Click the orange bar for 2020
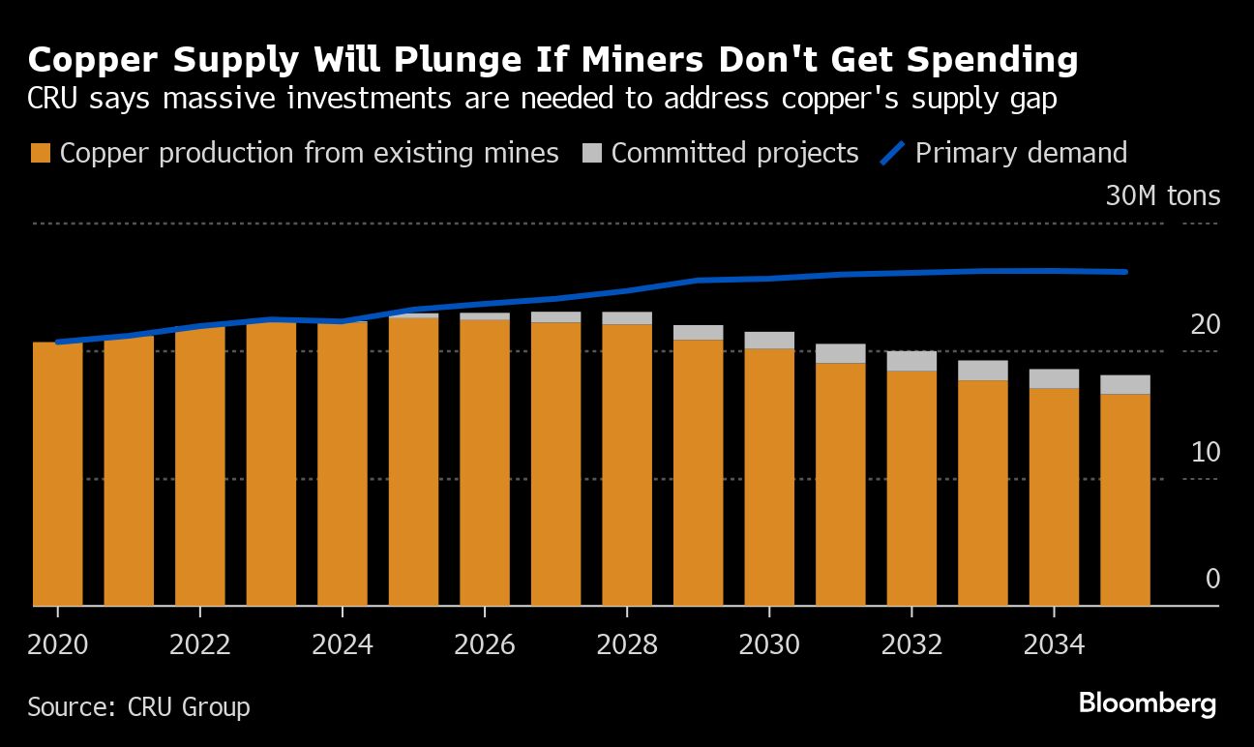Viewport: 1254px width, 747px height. click(x=57, y=474)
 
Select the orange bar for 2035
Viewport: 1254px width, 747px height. click(x=1125, y=499)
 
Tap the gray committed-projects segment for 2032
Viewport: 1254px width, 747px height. click(x=911, y=361)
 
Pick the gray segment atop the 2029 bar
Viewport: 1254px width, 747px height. click(x=698, y=332)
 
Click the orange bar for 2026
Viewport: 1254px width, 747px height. click(x=484, y=463)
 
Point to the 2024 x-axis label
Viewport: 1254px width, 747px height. click(x=342, y=644)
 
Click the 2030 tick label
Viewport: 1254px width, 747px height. click(x=769, y=644)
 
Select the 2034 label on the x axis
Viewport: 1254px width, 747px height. click(x=1054, y=644)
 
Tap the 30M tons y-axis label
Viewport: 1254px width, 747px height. click(x=1162, y=196)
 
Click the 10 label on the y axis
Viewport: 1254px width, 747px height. click(x=1205, y=452)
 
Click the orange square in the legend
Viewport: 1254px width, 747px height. click(x=41, y=154)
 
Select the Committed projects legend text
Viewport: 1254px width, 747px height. click(x=734, y=153)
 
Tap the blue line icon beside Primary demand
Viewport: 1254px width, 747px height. click(x=893, y=153)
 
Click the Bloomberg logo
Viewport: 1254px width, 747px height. click(x=1147, y=703)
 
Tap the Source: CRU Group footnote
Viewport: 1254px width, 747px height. click(x=138, y=707)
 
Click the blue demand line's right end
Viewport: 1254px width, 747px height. click(x=1125, y=272)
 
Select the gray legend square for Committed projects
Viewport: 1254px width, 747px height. click(x=593, y=154)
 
